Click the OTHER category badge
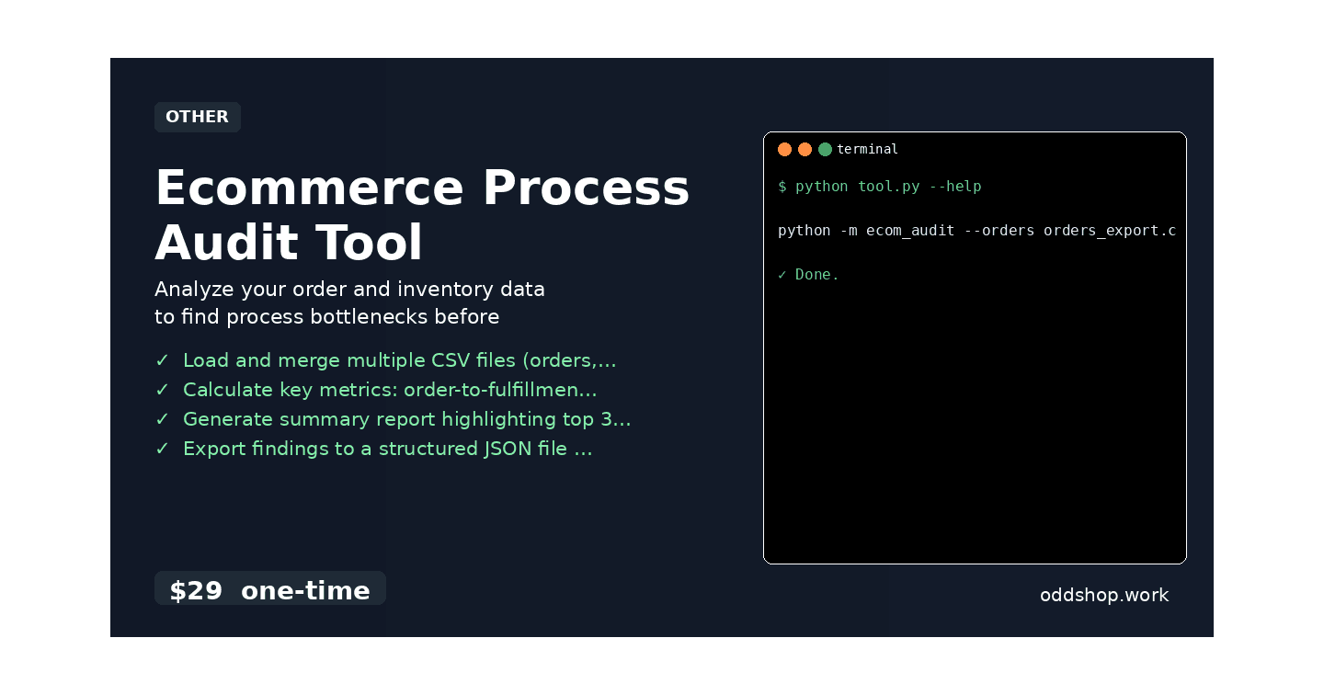pyautogui.click(x=197, y=117)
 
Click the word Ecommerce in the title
pyautogui.click(x=310, y=188)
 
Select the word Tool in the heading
pyautogui.click(x=370, y=244)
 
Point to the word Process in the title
pyautogui.click(x=586, y=188)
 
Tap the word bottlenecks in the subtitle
pyautogui.click(x=365, y=317)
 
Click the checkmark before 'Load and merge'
pyautogui.click(x=162, y=360)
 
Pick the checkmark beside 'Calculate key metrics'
pyautogui.click(x=162, y=390)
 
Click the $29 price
pyautogui.click(x=196, y=591)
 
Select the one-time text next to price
pyautogui.click(x=305, y=591)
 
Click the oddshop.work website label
pyautogui.click(x=1103, y=595)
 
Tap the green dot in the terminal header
pyautogui.click(x=825, y=149)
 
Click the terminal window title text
pyautogui.click(x=867, y=149)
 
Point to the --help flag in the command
pyautogui.click(x=955, y=187)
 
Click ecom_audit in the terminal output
pyautogui.click(x=910, y=231)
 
